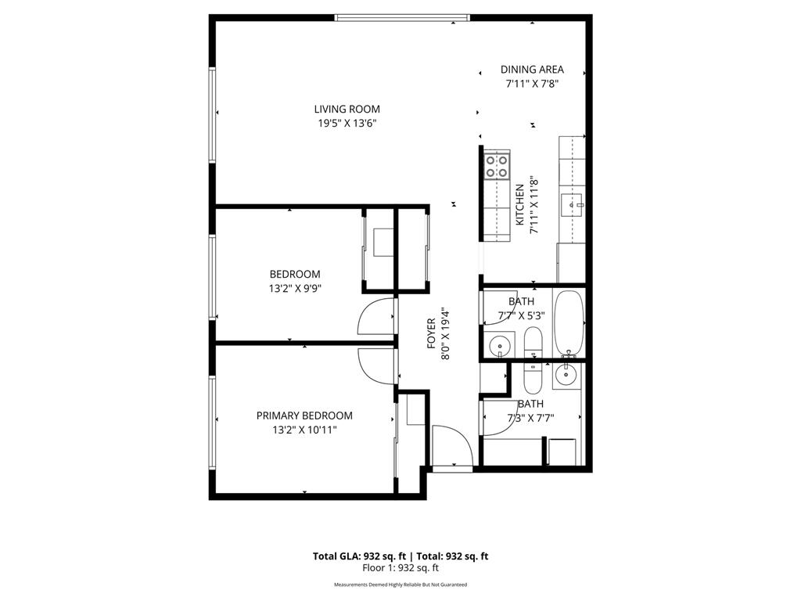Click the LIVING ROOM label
pyautogui.click(x=347, y=110)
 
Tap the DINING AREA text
pyautogui.click(x=532, y=70)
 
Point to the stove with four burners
pyautogui.click(x=497, y=166)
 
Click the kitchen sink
pyautogui.click(x=574, y=205)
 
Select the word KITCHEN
pyautogui.click(x=519, y=205)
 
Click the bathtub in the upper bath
pyautogui.click(x=568, y=322)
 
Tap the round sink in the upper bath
pyautogui.click(x=497, y=344)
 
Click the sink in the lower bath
pyautogui.click(x=566, y=376)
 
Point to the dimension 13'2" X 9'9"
pyautogui.click(x=295, y=287)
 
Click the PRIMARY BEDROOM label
pyautogui.click(x=304, y=416)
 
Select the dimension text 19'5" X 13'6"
pyautogui.click(x=347, y=123)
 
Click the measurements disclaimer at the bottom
pyautogui.click(x=400, y=585)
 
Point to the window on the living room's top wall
pyautogui.click(x=402, y=17)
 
